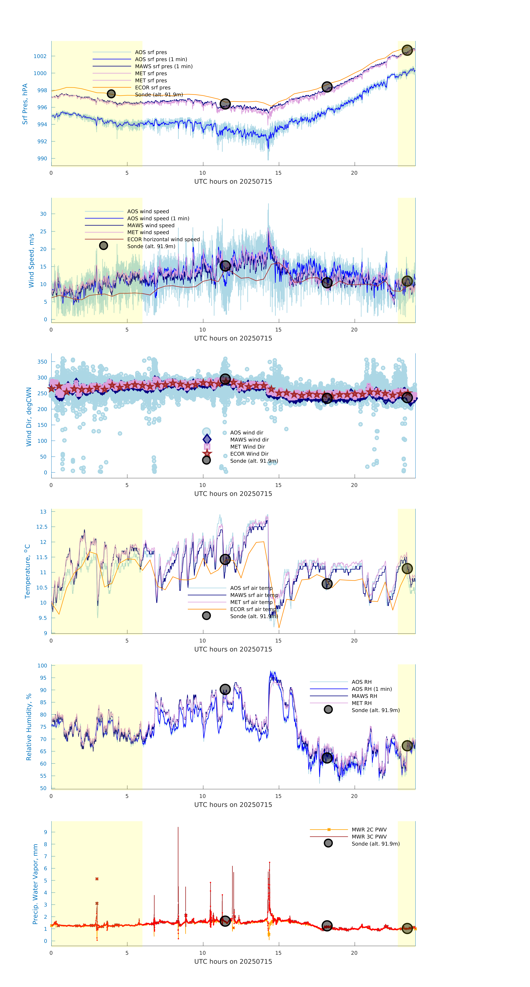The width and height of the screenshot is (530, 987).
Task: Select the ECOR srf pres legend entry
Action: click(153, 88)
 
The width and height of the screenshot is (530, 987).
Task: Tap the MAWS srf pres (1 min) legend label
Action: click(164, 66)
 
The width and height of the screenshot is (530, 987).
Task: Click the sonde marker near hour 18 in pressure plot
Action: click(326, 87)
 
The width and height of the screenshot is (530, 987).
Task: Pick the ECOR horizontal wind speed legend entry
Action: click(163, 240)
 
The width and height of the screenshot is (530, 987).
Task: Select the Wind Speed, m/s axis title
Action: click(31, 261)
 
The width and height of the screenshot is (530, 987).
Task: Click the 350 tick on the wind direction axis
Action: click(42, 362)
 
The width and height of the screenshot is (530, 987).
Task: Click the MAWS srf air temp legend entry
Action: click(254, 595)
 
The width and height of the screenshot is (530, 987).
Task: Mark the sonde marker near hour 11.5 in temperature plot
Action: click(225, 559)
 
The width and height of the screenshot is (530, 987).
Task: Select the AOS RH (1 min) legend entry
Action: click(371, 689)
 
